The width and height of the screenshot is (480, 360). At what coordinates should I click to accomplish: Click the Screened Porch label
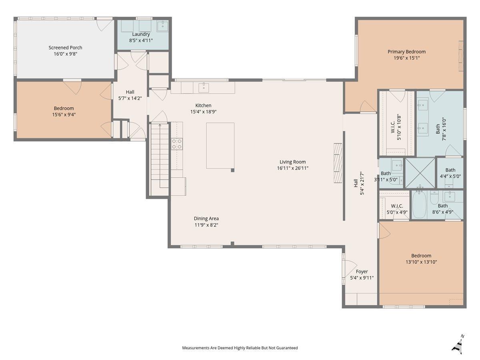pos(65,48)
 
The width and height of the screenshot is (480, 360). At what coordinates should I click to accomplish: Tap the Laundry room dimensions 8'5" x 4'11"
pos(141,40)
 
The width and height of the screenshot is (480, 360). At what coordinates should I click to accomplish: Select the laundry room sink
pos(163,26)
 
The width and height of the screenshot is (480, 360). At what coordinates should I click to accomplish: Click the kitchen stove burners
pos(177,144)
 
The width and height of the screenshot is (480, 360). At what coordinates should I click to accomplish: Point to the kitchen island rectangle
pos(220,146)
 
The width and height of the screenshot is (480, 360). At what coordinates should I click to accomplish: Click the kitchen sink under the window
pos(204,88)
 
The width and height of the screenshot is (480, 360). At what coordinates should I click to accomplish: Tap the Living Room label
pos(292,162)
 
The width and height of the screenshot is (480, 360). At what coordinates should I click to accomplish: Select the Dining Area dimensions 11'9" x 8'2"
pos(206,225)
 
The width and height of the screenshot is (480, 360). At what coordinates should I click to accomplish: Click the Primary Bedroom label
pos(406,52)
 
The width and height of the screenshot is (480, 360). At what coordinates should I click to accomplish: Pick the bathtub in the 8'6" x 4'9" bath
pos(420,204)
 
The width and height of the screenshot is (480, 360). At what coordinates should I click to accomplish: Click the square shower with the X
pos(420,173)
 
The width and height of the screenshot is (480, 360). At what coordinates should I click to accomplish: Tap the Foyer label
pos(362,272)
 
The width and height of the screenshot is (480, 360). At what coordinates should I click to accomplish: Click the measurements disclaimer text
pos(240,348)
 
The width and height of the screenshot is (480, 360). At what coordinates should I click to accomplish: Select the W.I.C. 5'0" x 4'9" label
pos(397,209)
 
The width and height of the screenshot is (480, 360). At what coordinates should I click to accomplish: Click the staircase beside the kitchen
pos(160,158)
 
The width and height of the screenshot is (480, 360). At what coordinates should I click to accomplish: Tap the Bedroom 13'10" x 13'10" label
pos(421,258)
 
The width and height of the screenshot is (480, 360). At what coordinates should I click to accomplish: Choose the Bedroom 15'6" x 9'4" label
pos(64,111)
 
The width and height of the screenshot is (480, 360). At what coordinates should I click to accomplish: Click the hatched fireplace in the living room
pos(338,163)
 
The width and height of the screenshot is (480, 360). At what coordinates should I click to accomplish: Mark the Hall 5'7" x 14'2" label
pos(130,95)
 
